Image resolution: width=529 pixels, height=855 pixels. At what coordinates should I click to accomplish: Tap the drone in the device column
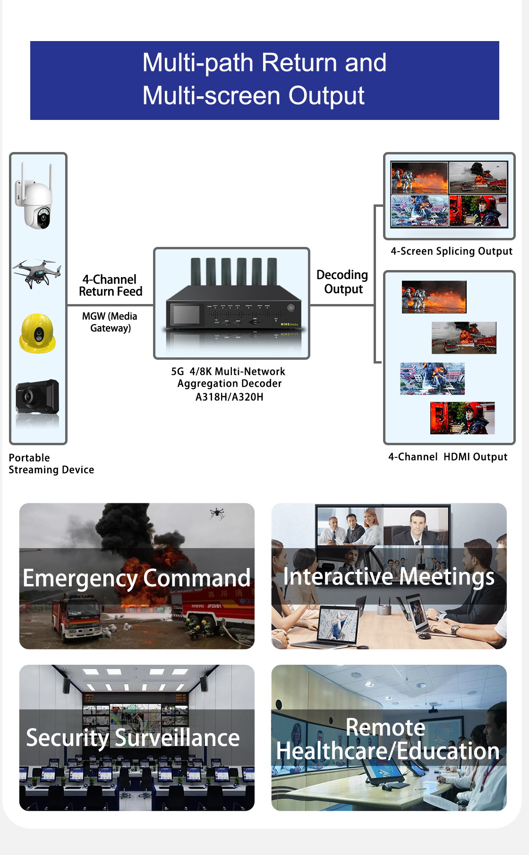[37, 272]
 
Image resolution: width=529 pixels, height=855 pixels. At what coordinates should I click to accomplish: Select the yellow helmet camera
[37, 333]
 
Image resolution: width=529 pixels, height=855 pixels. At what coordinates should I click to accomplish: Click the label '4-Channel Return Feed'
[111, 286]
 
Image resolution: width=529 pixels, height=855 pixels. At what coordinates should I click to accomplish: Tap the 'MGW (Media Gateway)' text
[110, 322]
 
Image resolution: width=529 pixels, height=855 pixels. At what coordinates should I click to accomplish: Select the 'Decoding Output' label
[342, 282]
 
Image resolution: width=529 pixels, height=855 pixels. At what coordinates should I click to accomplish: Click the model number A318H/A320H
[230, 397]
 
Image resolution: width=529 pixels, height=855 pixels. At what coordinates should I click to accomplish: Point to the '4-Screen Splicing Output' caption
[452, 251]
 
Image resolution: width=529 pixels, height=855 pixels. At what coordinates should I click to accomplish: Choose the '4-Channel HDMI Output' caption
[448, 457]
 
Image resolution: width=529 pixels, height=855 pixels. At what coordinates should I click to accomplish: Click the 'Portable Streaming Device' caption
[51, 464]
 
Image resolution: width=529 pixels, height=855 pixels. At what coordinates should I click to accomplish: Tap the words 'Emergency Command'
[137, 578]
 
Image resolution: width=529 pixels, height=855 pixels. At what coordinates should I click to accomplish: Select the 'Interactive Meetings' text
[389, 576]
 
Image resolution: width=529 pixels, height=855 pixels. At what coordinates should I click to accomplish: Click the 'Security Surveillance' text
[133, 738]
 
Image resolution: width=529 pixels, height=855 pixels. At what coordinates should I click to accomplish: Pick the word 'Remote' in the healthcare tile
[385, 727]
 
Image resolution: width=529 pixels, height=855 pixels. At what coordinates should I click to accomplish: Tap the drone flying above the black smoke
[217, 513]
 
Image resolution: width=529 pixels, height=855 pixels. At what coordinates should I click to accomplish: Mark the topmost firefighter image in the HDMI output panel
[434, 297]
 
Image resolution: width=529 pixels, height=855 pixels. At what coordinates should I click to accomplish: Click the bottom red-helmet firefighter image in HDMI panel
[462, 418]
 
